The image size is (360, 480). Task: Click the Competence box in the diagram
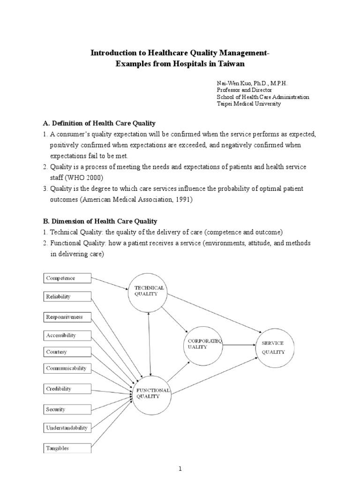pos(66,278)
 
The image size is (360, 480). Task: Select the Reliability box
pos(66,296)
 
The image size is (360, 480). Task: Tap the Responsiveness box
pos(66,317)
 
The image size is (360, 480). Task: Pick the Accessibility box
pos(66,335)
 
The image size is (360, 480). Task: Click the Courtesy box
pos(66,352)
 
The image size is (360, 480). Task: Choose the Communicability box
pos(66,368)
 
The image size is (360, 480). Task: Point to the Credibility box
pos(66,389)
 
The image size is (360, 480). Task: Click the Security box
pos(66,409)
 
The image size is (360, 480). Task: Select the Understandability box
pos(66,427)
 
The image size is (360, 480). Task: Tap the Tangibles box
pos(66,448)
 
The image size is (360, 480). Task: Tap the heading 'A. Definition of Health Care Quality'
pos(99,123)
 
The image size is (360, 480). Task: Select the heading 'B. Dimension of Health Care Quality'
pos(100,221)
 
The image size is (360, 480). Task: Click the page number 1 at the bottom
pos(180,468)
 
